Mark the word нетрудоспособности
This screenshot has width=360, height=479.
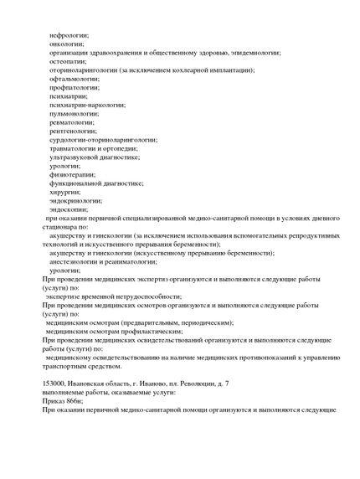(143, 296)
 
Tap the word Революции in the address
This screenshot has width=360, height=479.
(196, 384)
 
